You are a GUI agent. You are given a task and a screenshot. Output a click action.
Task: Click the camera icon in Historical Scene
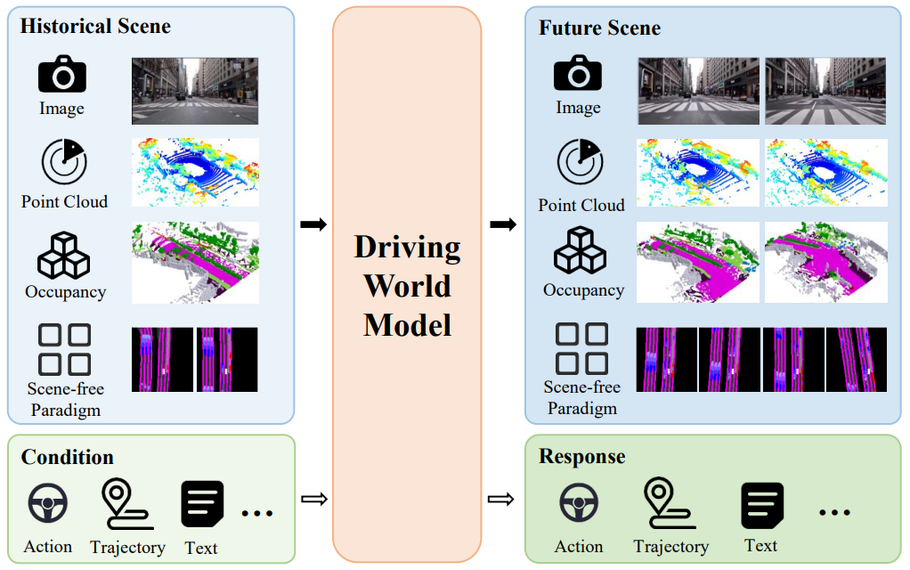(x=62, y=75)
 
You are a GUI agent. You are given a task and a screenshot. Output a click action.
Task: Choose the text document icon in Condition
(x=202, y=505)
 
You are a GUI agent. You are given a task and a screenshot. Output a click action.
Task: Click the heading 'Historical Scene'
(x=95, y=26)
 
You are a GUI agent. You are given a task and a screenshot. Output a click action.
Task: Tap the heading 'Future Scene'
(x=599, y=28)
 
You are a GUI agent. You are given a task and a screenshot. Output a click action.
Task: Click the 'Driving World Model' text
(x=408, y=286)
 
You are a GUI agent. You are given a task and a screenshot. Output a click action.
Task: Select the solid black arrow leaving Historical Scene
(x=313, y=224)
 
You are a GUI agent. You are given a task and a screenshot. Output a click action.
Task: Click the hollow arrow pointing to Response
(x=501, y=500)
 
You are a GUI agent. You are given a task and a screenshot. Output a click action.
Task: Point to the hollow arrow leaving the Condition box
(x=313, y=500)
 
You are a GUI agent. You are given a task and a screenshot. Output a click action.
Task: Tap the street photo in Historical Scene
(x=195, y=90)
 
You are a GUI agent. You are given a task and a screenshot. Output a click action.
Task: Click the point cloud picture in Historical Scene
(x=195, y=173)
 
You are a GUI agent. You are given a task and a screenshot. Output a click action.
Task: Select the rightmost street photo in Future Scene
(x=825, y=91)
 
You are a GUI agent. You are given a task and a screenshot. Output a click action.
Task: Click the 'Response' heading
(x=581, y=457)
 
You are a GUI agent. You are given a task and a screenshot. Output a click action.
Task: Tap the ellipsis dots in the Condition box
(x=257, y=512)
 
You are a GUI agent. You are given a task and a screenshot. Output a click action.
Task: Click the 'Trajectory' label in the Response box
(x=670, y=547)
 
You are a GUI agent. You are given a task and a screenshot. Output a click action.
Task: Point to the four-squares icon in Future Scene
(x=581, y=348)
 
